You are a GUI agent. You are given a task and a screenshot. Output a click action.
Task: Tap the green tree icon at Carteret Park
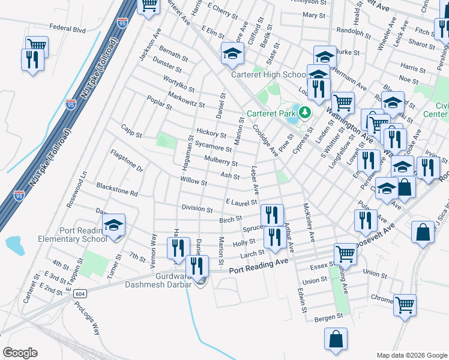click(x=305, y=112)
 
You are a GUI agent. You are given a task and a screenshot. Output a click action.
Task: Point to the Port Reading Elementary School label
click(x=83, y=234)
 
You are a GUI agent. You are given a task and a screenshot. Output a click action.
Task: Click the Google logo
click(x=20, y=353)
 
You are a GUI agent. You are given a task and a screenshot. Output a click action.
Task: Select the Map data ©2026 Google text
click(x=411, y=355)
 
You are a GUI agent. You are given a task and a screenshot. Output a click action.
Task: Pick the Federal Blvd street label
click(x=68, y=28)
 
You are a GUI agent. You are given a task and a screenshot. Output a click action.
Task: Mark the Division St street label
click(x=197, y=209)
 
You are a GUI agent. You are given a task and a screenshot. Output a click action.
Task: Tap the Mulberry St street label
click(x=221, y=160)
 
